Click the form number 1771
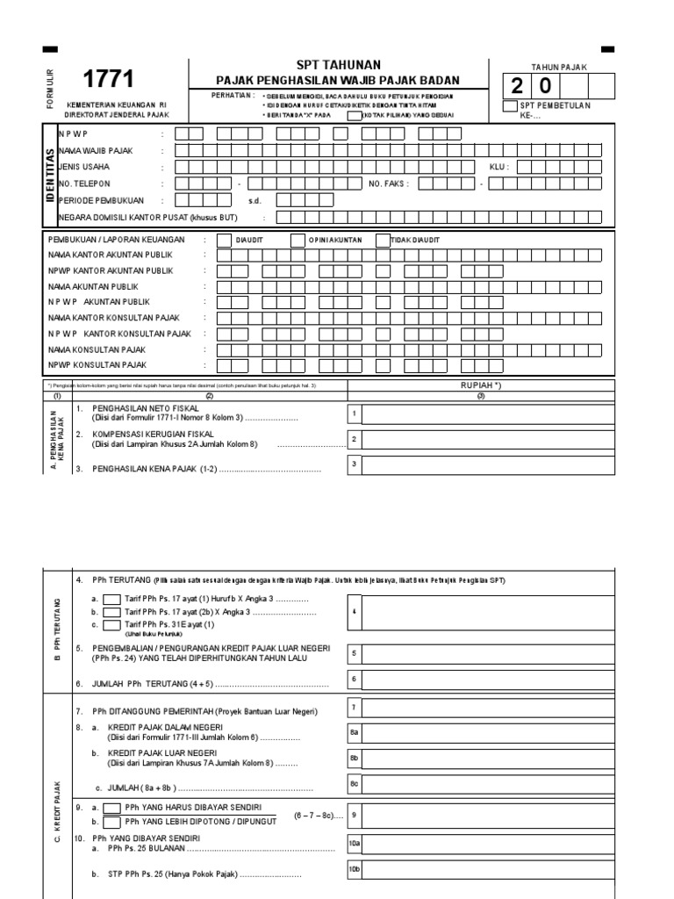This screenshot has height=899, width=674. click(110, 81)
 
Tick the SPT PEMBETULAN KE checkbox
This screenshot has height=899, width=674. click(510, 106)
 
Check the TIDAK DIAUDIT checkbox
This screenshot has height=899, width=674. click(384, 240)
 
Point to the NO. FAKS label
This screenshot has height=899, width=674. click(389, 183)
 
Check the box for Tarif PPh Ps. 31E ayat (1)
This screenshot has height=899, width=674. click(111, 625)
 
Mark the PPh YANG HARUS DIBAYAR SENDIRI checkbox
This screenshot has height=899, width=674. click(111, 808)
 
